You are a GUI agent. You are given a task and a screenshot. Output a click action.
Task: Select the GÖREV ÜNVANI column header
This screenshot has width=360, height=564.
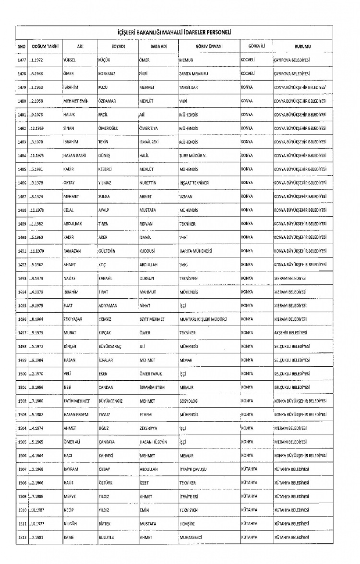(x=208, y=46)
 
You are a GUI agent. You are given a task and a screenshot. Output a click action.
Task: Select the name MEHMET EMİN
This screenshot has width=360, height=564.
(x=77, y=102)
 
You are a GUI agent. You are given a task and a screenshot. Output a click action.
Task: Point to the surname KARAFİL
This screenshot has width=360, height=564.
(x=108, y=278)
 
